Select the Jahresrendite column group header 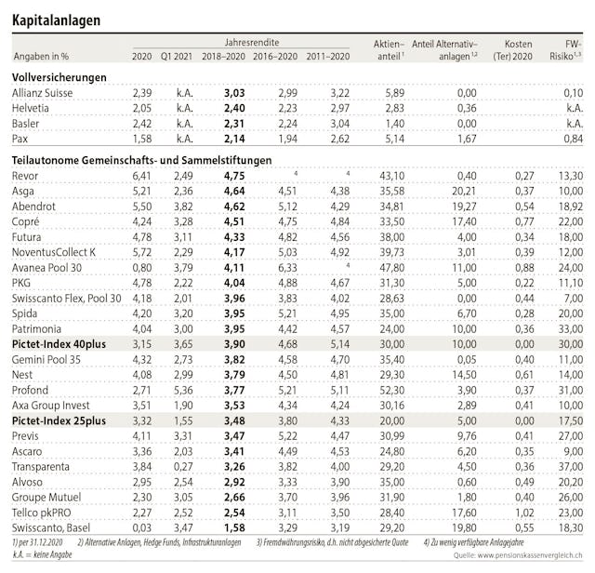250,43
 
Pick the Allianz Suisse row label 46,93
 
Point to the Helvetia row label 33,108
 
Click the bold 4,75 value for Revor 234,175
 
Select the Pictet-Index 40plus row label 59,343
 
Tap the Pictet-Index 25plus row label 58,420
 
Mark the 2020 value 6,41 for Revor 141,175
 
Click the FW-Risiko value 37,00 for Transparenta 569,466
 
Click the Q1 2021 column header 177,57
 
